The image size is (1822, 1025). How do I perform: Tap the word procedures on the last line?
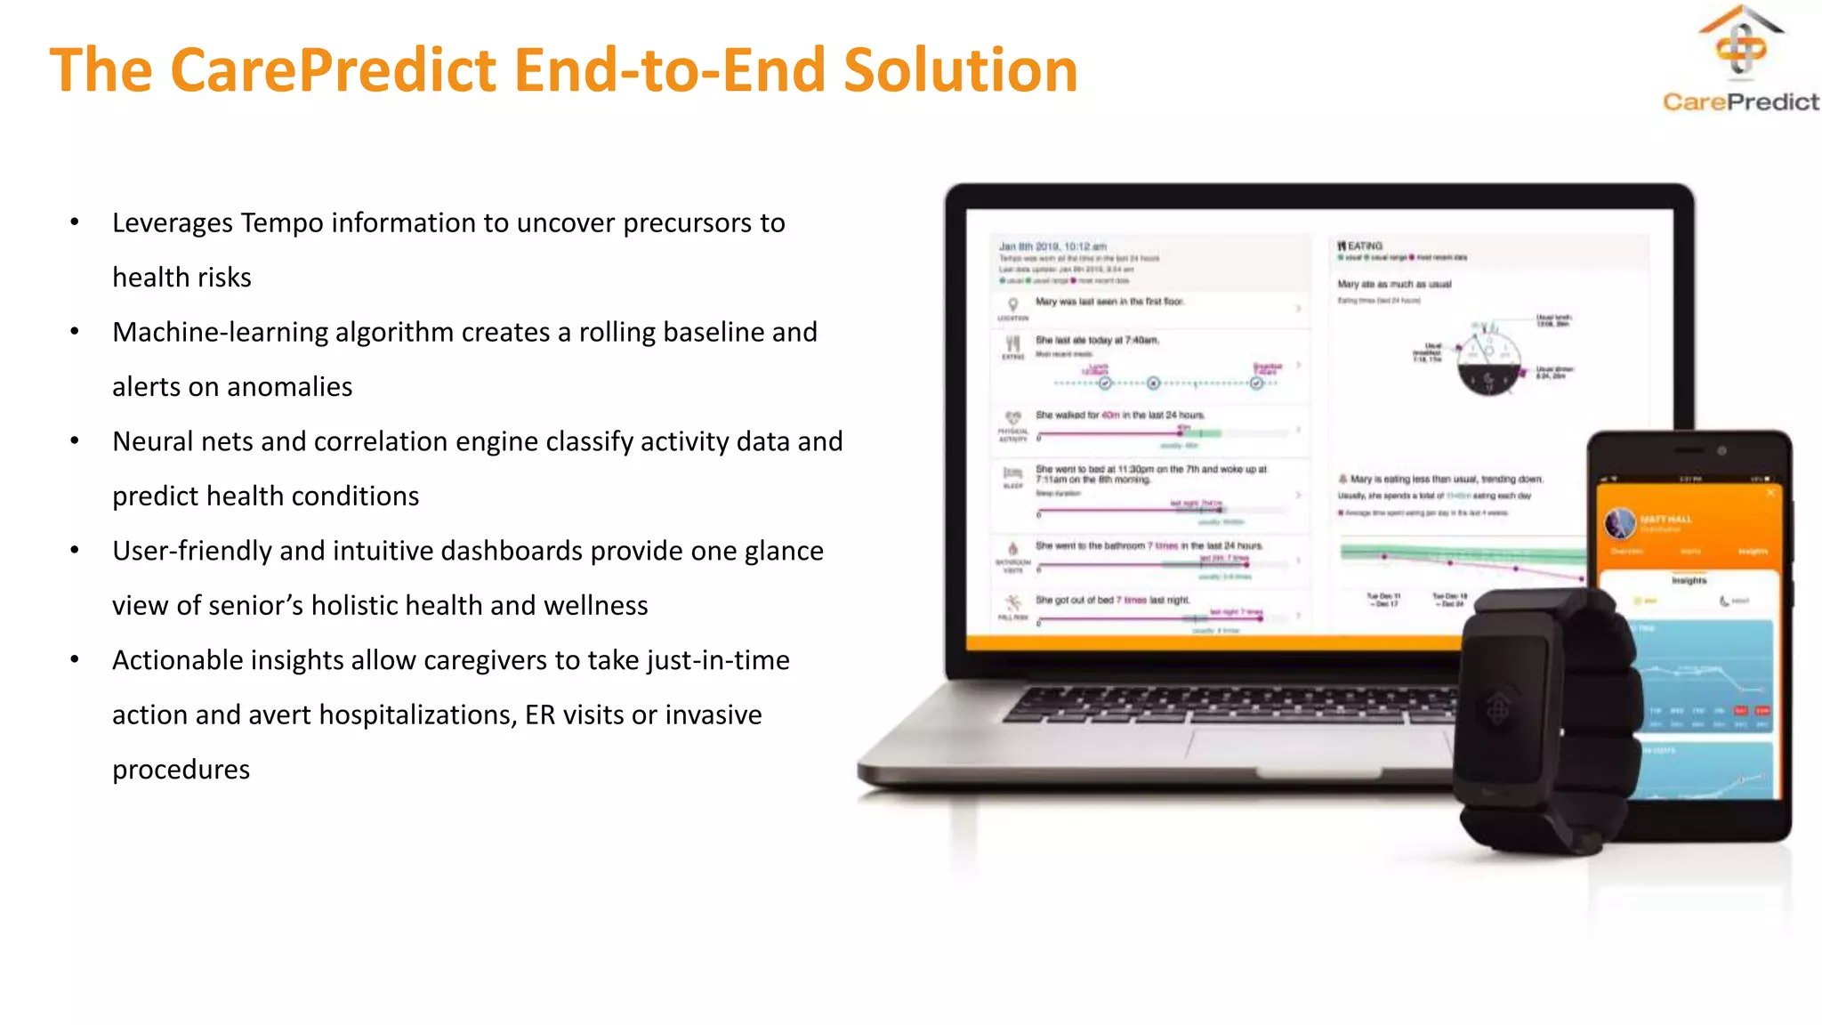[181, 769]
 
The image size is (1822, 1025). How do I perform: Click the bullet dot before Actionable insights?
[76, 660]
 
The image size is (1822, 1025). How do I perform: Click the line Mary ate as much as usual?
[1394, 284]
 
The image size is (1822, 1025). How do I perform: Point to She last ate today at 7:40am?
[1097, 340]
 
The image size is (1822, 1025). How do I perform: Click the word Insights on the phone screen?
[1689, 580]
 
